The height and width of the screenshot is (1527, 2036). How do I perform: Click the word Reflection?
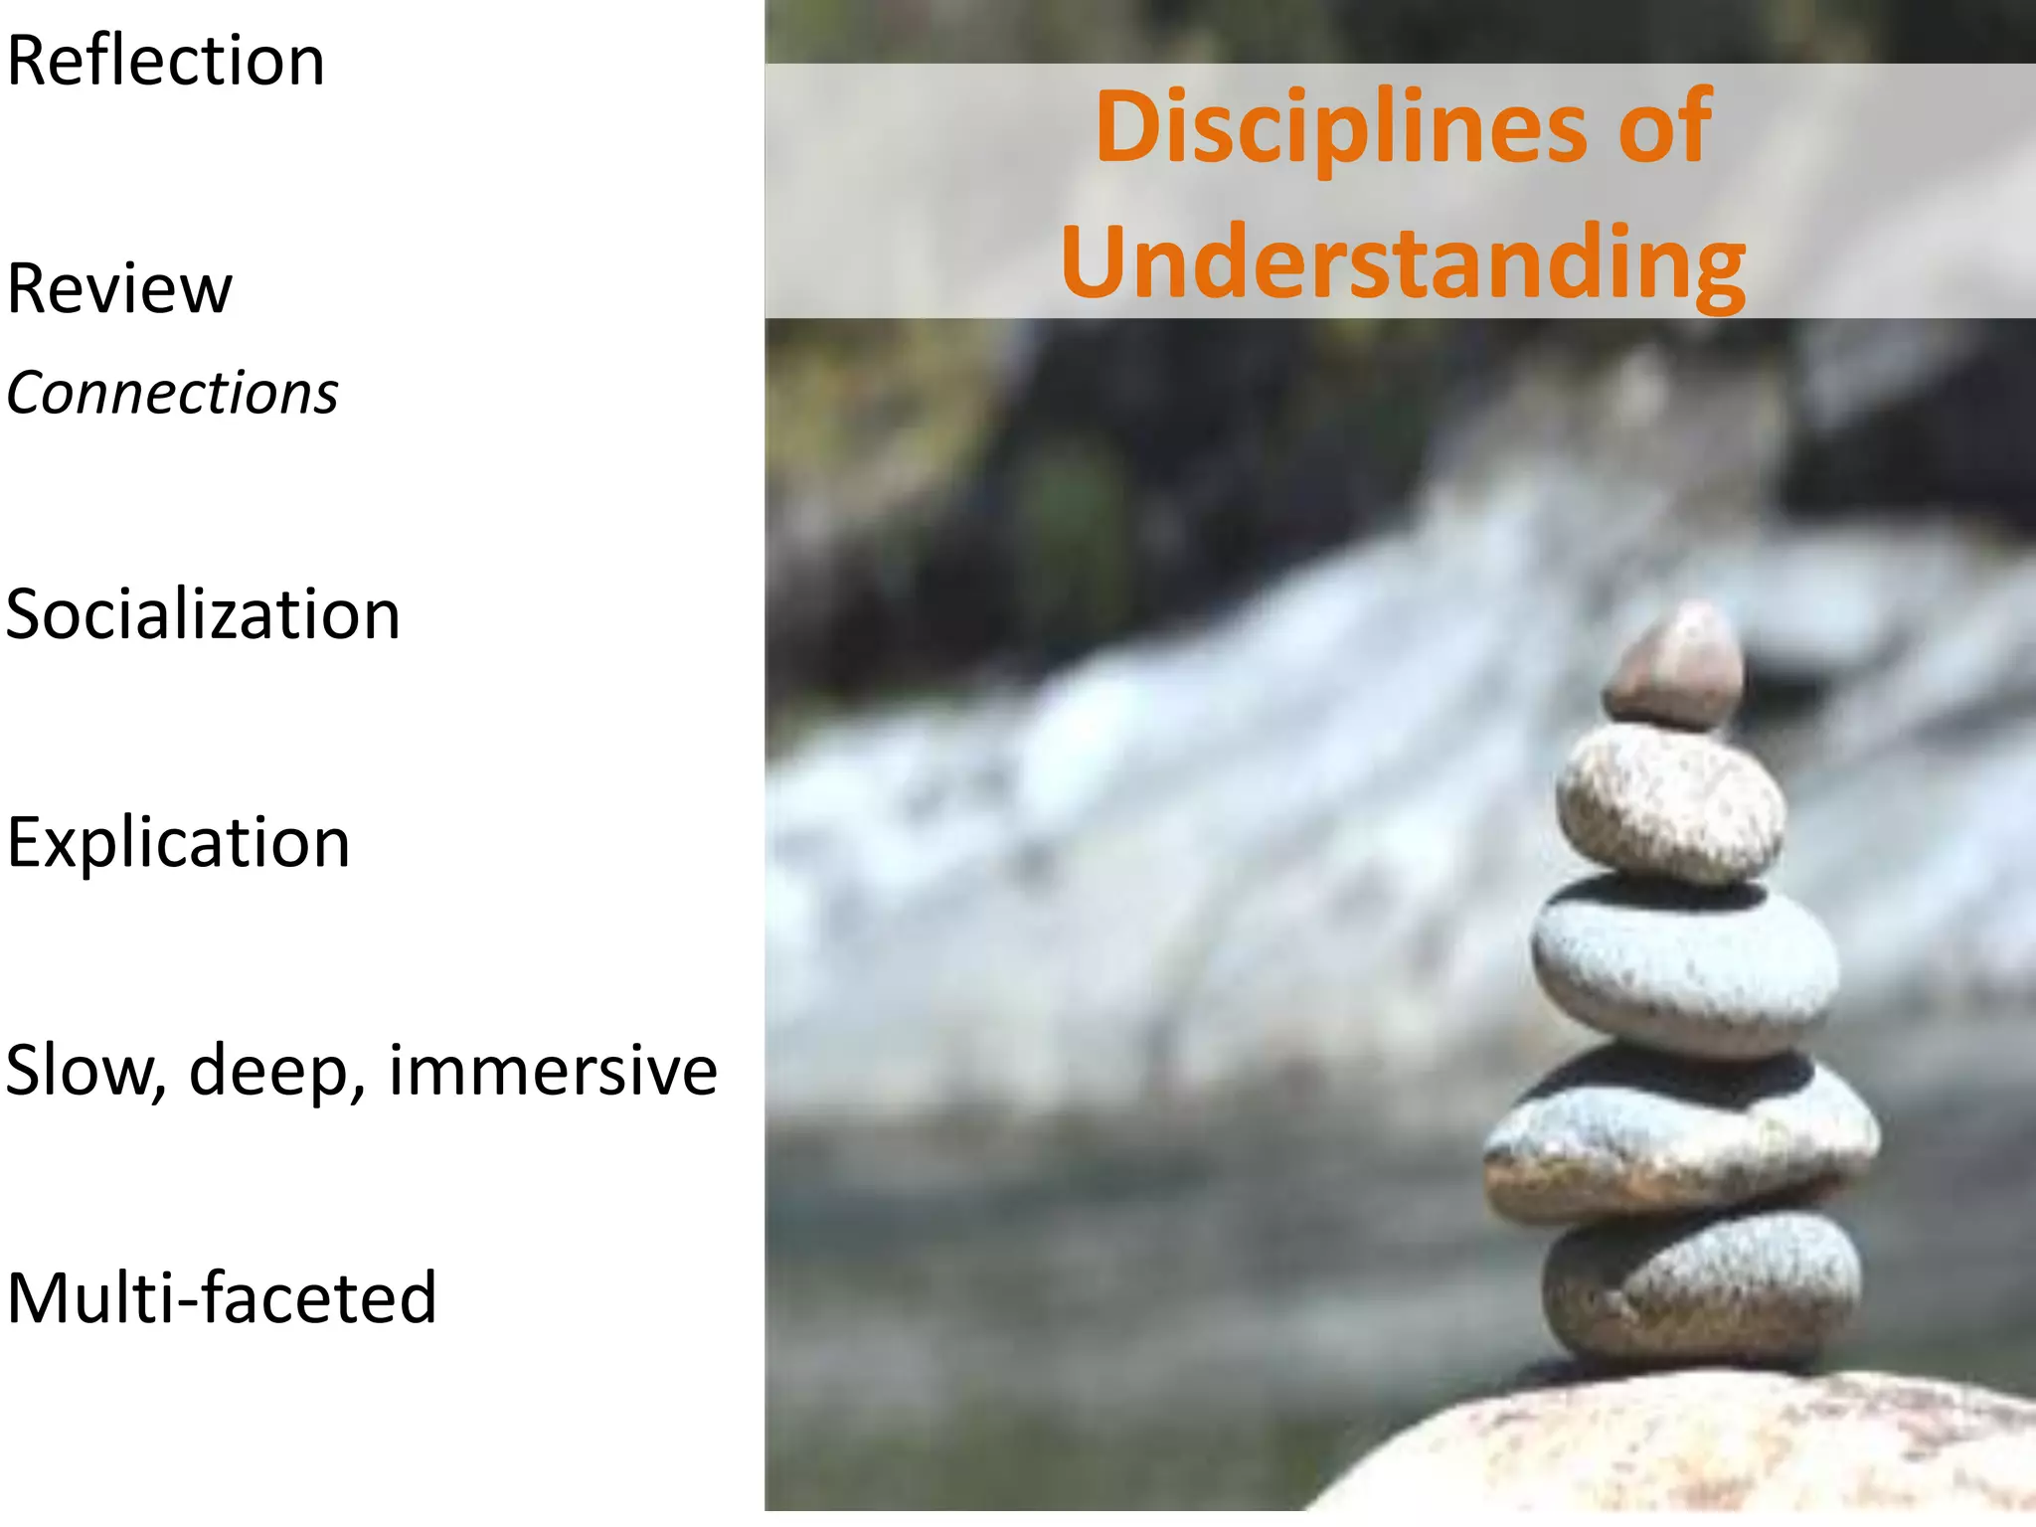click(165, 62)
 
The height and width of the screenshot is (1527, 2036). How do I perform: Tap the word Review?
click(119, 289)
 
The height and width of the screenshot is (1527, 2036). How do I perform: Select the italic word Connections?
click(172, 393)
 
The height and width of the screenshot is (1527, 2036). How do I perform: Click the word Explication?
click(178, 843)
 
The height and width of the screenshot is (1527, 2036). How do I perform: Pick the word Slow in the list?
click(84, 1071)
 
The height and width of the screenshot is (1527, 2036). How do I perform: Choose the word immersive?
click(553, 1071)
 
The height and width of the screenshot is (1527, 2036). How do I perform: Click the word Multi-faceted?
click(222, 1298)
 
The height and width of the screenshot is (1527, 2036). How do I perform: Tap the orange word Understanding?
click(1403, 262)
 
